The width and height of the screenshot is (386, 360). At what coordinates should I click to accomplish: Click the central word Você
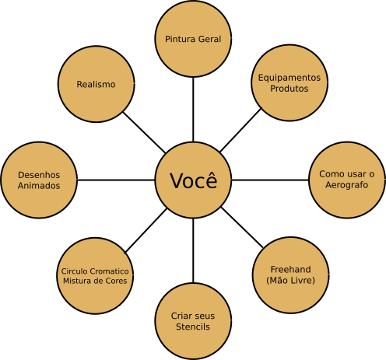click(194, 180)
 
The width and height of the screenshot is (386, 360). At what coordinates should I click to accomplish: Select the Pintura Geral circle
click(193, 39)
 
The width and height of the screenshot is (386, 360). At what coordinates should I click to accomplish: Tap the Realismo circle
click(96, 84)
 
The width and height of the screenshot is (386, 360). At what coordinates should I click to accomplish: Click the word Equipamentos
click(289, 78)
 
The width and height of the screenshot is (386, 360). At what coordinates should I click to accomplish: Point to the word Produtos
click(289, 89)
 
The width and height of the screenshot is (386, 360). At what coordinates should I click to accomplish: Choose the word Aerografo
click(346, 185)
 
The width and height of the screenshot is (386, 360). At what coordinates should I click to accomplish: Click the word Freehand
click(290, 270)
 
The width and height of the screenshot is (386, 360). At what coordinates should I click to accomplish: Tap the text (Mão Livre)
click(290, 280)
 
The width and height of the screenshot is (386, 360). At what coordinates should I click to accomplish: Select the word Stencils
click(193, 327)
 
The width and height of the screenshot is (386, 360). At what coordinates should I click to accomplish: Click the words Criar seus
click(193, 316)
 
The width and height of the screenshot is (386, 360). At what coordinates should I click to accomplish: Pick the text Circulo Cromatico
click(95, 271)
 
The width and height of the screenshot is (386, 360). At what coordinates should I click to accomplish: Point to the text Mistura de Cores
click(95, 281)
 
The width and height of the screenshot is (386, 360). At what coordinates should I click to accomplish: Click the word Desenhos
click(39, 175)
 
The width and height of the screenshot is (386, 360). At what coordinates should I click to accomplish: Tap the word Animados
click(39, 186)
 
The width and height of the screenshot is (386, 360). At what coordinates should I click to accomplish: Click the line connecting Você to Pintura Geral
click(193, 110)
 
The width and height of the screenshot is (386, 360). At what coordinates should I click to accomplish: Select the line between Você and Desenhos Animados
click(116, 180)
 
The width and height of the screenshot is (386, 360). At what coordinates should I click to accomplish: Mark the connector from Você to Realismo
click(144, 132)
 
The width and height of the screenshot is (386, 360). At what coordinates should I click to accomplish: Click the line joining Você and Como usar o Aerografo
click(270, 180)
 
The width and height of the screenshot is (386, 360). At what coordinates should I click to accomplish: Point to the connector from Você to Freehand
click(242, 227)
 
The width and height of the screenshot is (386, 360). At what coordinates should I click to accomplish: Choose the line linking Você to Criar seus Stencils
click(193, 250)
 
